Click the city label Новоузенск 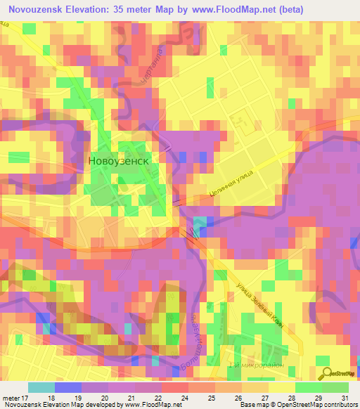[119, 160]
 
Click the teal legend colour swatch [41, 387]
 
